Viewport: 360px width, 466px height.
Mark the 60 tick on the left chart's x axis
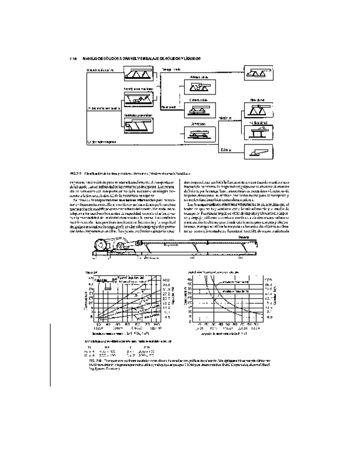pyautogui.click(x=126, y=324)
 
